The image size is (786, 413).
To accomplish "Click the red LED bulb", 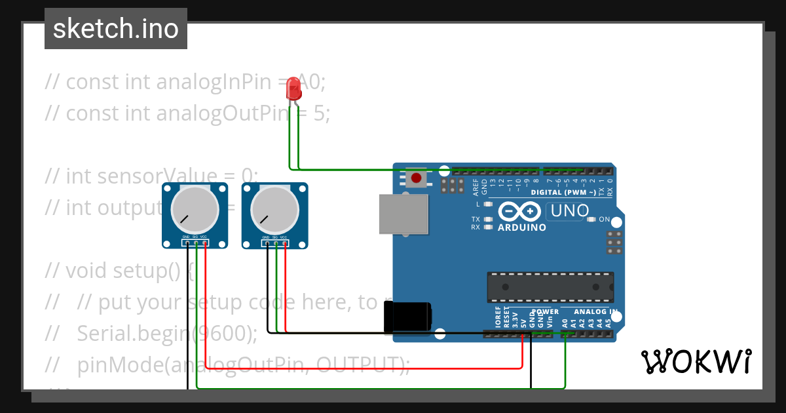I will [x=294, y=88].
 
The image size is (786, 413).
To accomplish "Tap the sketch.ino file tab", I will [x=116, y=29].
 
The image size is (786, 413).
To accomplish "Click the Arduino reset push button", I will [x=415, y=178].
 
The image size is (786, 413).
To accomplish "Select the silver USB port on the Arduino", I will [x=403, y=214].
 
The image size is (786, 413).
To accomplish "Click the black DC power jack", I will [x=407, y=317].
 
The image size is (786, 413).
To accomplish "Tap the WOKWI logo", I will [x=696, y=361].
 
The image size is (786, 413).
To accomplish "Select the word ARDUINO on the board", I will [x=522, y=227].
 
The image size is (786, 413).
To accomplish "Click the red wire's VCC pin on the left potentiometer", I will [x=205, y=244].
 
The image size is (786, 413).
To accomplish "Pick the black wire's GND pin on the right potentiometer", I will [x=267, y=244].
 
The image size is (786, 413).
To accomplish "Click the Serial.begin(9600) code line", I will [x=167, y=333].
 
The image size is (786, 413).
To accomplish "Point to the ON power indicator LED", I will [x=592, y=220].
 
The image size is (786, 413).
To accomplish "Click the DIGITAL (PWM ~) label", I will [x=563, y=192].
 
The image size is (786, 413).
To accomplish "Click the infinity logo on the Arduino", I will [x=520, y=212].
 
